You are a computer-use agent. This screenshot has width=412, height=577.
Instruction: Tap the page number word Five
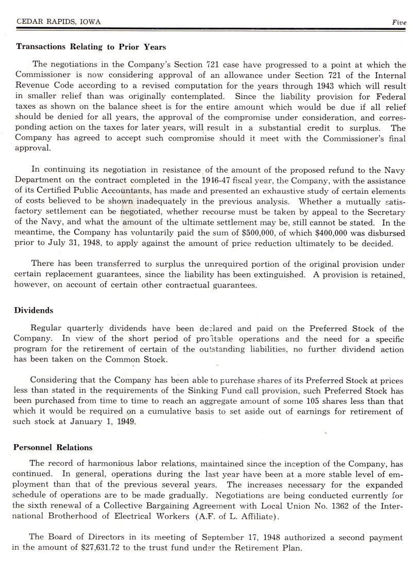[399, 22]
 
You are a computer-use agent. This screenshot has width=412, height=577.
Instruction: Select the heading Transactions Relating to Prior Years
[91, 47]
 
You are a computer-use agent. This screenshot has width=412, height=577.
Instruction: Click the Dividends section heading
[34, 311]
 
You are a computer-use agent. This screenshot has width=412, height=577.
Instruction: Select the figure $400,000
[323, 233]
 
